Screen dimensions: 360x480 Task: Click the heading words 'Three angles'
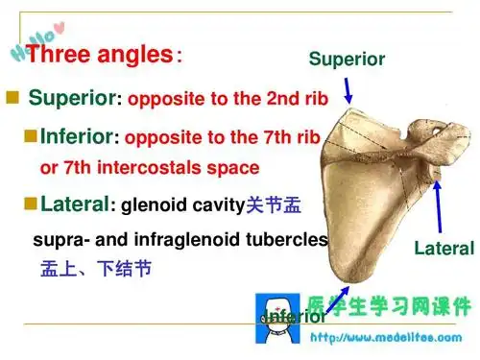click(100, 54)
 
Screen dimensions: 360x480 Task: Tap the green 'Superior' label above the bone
click(347, 60)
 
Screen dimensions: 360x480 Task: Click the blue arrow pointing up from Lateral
click(440, 206)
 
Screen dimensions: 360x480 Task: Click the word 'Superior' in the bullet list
click(71, 98)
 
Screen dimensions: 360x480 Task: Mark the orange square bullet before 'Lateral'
click(30, 203)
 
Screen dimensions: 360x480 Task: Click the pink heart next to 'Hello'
click(60, 23)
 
